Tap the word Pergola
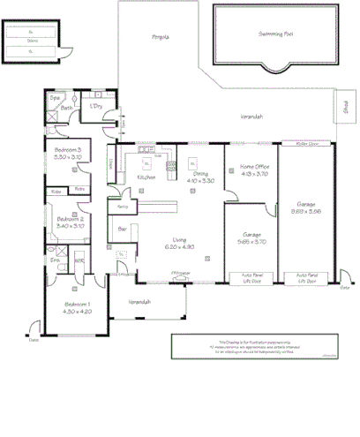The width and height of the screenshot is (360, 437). pyautogui.click(x=160, y=37)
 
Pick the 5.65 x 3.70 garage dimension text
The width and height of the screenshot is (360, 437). pyautogui.click(x=253, y=241)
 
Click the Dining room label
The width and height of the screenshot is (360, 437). pyautogui.click(x=202, y=174)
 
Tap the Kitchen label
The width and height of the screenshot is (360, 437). pyautogui.click(x=146, y=177)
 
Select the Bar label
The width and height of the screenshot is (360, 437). pyautogui.click(x=123, y=228)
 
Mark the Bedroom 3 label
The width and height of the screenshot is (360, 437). pyautogui.click(x=68, y=150)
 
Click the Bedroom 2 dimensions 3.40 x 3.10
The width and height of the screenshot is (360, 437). pyautogui.click(x=70, y=226)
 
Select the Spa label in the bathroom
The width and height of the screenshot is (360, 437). pyautogui.click(x=54, y=97)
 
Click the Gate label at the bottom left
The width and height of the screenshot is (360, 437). pyautogui.click(x=34, y=339)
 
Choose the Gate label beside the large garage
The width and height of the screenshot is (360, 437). pyautogui.click(x=345, y=287)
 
